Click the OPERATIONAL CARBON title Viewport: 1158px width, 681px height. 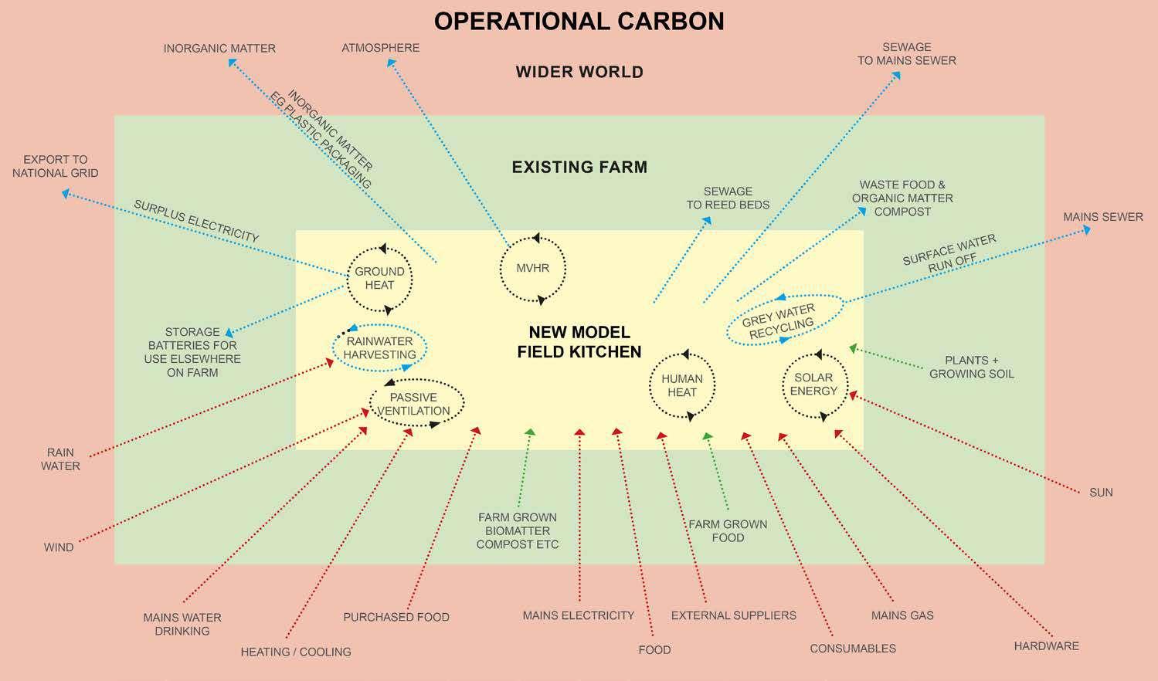[579, 21]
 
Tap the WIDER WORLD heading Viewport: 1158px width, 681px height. [579, 73]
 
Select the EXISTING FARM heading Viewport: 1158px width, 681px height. [579, 167]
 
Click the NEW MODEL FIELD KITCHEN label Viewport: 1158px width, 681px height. [579, 342]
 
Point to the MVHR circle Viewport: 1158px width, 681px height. [533, 269]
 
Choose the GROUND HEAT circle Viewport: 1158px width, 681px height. [379, 278]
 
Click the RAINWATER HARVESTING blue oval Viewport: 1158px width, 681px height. [379, 348]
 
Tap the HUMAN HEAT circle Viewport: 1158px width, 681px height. [682, 385]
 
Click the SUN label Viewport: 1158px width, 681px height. [1101, 493]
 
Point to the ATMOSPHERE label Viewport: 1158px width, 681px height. [381, 48]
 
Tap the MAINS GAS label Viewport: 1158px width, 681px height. [902, 615]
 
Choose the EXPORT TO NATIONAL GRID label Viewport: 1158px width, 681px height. [56, 166]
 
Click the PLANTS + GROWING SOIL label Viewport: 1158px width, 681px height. [971, 367]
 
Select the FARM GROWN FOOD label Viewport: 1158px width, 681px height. [728, 530]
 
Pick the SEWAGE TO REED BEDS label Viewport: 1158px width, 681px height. [728, 198]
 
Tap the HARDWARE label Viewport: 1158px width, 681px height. [1046, 645]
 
